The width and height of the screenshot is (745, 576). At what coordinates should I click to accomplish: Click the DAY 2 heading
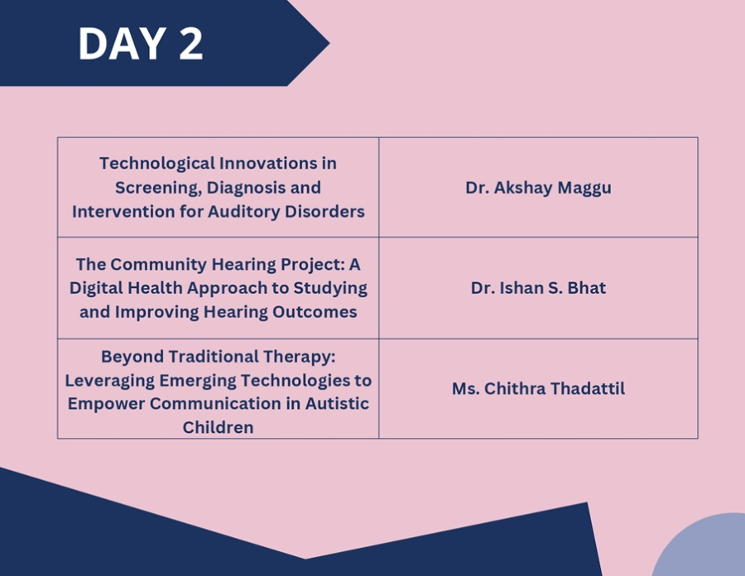tap(141, 44)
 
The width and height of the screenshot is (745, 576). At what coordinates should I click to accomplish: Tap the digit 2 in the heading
tap(191, 44)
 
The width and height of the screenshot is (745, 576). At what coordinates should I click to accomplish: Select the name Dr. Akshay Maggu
tap(538, 188)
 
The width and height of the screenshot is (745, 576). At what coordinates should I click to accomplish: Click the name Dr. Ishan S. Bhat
tap(538, 288)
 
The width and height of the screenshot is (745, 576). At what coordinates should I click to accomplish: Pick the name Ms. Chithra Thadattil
tap(538, 388)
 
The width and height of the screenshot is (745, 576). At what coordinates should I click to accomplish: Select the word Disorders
tap(324, 211)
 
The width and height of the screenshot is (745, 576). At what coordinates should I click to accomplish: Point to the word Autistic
tap(337, 404)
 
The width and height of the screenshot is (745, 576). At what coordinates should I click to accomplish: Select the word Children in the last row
tap(218, 427)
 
